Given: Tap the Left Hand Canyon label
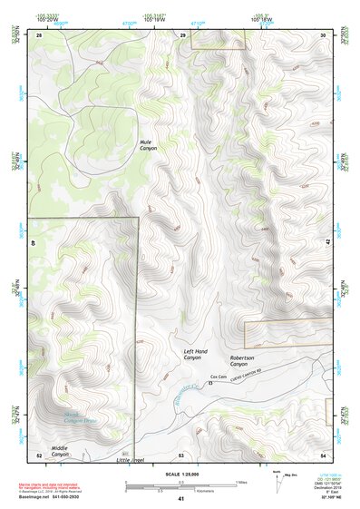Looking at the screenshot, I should coord(195,355).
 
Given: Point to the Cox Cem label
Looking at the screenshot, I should coord(218,376).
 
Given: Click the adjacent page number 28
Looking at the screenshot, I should coord(39,34).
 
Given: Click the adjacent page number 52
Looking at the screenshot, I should coord(39,455).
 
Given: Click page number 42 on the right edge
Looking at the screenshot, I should coord(326,243).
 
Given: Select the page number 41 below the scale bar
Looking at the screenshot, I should coord(181,499).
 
